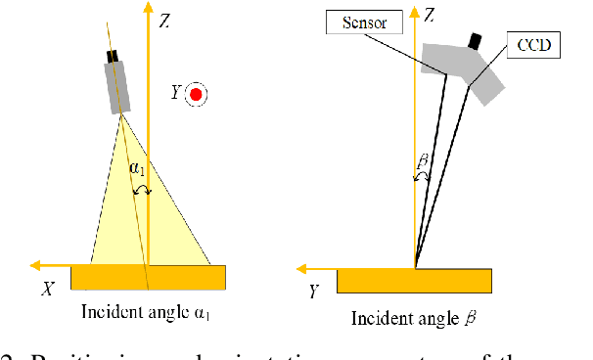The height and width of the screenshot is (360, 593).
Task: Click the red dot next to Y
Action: (197, 94)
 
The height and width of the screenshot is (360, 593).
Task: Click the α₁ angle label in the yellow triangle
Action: (136, 168)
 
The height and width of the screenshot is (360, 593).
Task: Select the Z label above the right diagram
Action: (430, 15)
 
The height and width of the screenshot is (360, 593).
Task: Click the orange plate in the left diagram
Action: (148, 277)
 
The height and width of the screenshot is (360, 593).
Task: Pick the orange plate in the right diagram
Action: (414, 281)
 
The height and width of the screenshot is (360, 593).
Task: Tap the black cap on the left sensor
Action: (114, 56)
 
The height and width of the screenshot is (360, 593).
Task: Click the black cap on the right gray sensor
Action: (476, 41)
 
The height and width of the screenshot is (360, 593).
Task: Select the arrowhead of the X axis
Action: (35, 264)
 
